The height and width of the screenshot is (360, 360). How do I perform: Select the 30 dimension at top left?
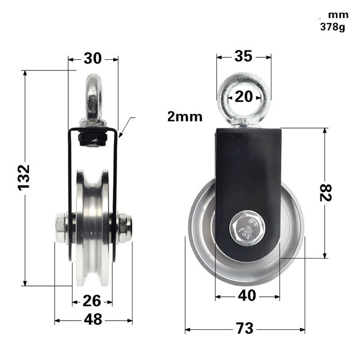92,58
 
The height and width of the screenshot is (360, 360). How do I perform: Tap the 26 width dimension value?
92,301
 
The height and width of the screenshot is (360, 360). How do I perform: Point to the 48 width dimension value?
93,320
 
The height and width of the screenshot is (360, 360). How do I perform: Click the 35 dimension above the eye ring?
243,56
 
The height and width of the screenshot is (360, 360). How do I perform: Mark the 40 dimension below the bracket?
247,295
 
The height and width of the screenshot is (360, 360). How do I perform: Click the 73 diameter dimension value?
245,328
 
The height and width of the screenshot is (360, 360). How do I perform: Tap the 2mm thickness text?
184,117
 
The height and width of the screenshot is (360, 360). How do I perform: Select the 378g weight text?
332,27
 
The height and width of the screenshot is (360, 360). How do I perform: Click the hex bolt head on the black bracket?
247,228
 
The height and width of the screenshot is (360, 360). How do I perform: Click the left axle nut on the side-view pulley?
61,228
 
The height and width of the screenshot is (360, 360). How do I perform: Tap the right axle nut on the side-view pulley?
124,228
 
